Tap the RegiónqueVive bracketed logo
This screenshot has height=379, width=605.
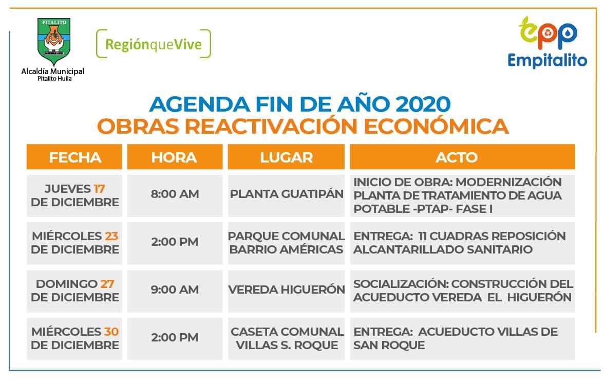click(x=154, y=44)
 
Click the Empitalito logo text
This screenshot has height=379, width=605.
click(x=547, y=60)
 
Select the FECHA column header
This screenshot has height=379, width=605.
click(x=74, y=157)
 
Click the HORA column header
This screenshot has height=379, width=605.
click(x=175, y=157)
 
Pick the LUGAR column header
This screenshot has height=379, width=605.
click(x=286, y=157)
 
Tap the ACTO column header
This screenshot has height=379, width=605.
click(x=462, y=157)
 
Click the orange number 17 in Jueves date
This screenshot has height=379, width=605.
click(x=99, y=189)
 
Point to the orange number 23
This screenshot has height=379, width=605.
click(x=111, y=236)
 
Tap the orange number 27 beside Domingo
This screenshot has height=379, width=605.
click(x=107, y=284)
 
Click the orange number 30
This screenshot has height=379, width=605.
click(x=111, y=332)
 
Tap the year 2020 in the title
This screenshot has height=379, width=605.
click(x=423, y=104)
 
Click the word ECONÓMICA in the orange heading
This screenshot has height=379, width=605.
click(x=436, y=127)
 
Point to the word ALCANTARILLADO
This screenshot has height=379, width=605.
click(x=409, y=249)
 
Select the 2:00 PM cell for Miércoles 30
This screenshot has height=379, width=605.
click(x=175, y=338)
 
